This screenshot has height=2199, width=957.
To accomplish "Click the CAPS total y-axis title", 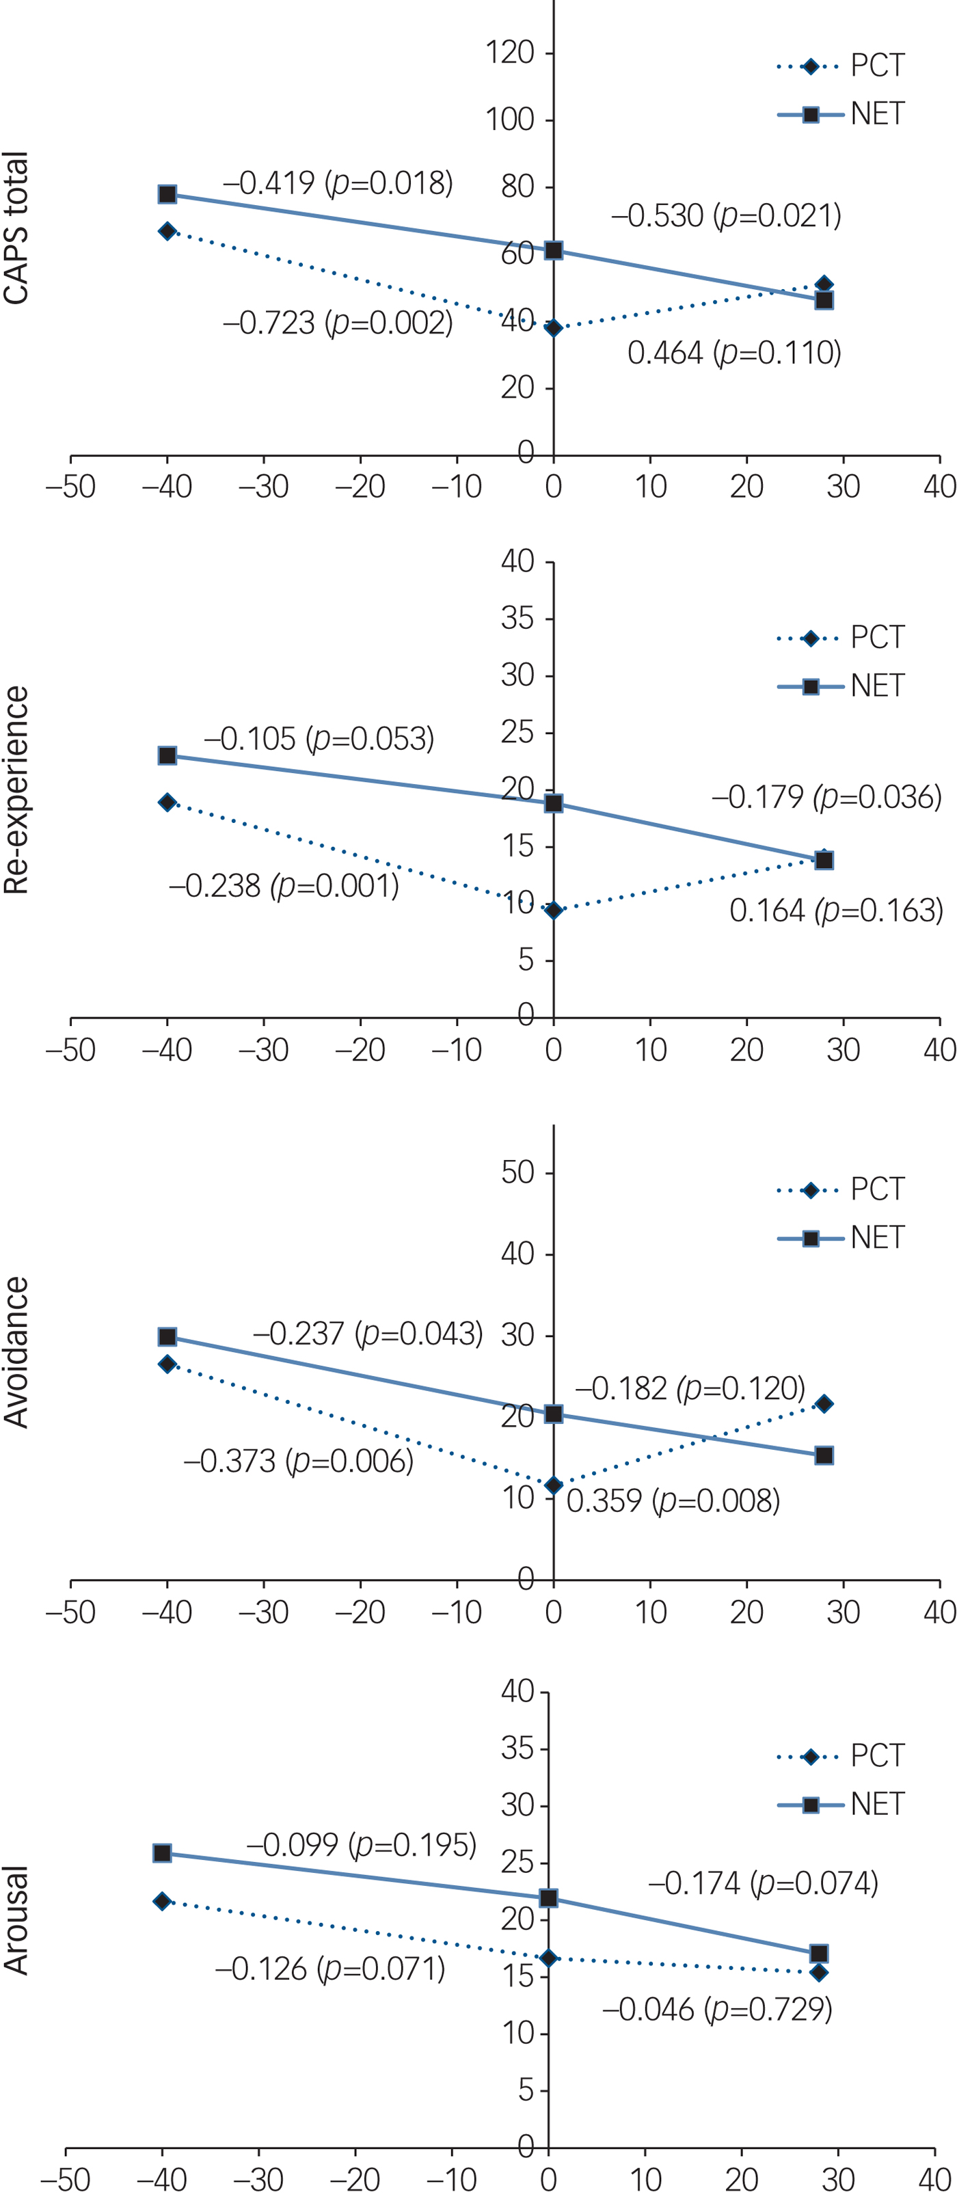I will (x=16, y=228).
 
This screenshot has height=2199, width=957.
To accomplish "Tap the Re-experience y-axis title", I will (x=16, y=790).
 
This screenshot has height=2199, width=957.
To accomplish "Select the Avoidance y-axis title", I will (x=16, y=1352).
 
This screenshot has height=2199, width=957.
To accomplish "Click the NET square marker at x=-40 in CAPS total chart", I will (x=167, y=195).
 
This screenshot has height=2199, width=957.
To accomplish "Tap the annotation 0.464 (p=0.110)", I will (x=734, y=353).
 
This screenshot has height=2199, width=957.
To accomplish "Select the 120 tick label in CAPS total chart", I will (x=510, y=53).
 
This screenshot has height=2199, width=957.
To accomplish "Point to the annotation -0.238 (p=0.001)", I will (x=284, y=885).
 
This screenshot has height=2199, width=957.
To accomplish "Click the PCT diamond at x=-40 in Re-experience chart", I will (x=167, y=802).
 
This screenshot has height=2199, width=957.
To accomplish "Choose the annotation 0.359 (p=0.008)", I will (x=673, y=1500).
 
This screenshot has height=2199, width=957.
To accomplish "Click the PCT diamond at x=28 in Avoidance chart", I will (x=824, y=1403).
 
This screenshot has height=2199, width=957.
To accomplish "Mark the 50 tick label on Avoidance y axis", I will (x=517, y=1172).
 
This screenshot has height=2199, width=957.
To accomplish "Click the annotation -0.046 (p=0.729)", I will (x=717, y=2009).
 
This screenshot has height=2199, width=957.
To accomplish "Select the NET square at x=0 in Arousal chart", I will (x=548, y=1898).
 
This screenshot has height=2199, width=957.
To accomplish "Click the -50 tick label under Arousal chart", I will (x=65, y=2178).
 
